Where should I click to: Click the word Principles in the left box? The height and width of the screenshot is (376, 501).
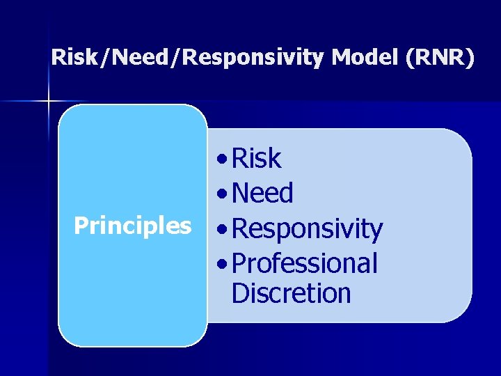[132, 226]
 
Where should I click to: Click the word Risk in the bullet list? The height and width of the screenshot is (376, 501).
[256, 159]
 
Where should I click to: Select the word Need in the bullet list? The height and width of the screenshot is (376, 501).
[262, 193]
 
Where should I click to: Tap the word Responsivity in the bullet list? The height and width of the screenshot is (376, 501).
[307, 228]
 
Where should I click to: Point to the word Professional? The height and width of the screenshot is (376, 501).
[304, 263]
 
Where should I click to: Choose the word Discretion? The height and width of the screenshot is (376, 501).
[291, 293]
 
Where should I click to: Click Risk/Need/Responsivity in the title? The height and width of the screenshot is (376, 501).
[188, 58]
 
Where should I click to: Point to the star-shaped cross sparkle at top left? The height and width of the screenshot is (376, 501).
[49, 102]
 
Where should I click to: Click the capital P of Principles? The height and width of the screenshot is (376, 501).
[81, 225]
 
